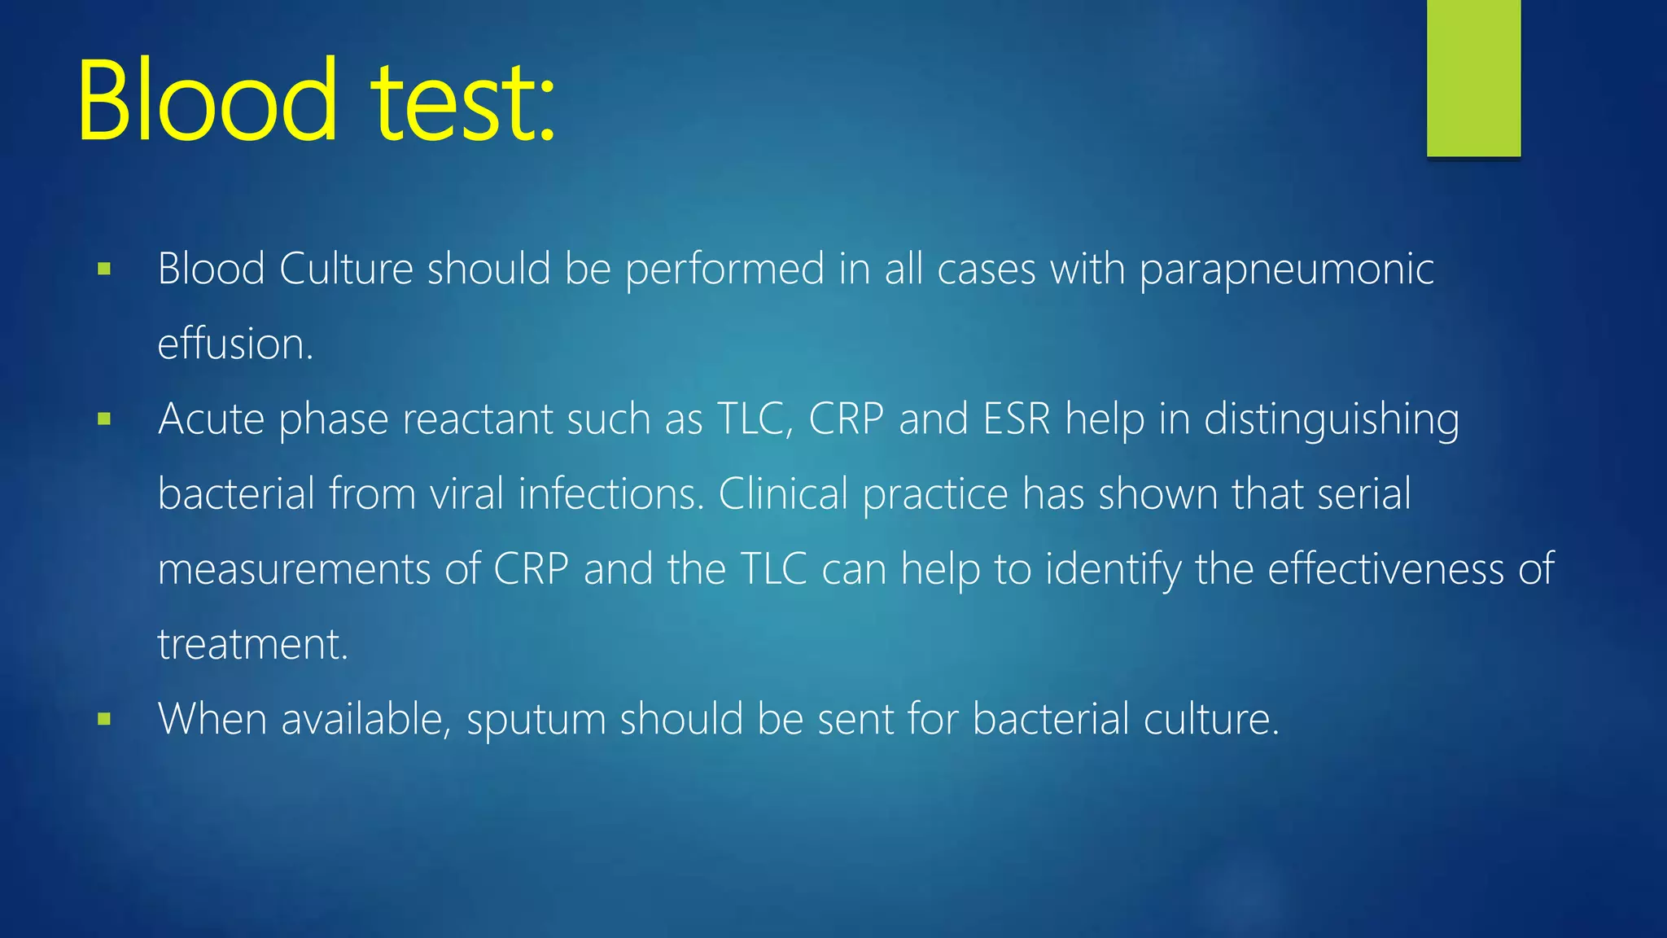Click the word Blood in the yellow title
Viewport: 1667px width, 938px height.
tap(207, 101)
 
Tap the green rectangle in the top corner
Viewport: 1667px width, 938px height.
tap(1473, 77)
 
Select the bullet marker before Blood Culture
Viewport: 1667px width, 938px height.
tap(104, 269)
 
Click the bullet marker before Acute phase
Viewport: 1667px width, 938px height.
tap(104, 419)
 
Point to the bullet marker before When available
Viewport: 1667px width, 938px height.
tap(104, 719)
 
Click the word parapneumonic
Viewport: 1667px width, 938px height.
tap(1286, 270)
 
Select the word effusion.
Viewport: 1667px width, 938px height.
tap(234, 344)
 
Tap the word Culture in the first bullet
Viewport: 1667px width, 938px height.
tap(346, 269)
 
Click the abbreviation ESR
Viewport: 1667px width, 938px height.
tap(1017, 419)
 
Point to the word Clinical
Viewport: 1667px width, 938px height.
tap(783, 494)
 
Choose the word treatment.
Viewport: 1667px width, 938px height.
tap(252, 645)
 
